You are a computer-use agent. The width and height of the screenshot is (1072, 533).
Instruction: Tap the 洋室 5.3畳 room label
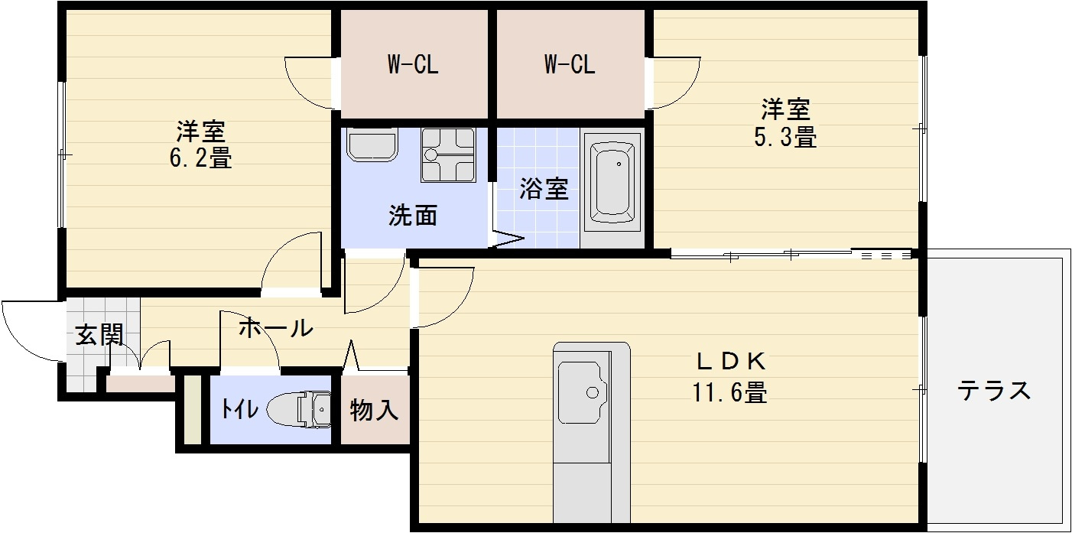tap(786, 123)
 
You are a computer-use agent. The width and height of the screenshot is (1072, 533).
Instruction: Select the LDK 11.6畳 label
tap(730, 376)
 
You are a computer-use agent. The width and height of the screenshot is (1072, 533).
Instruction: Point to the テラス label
tap(994, 391)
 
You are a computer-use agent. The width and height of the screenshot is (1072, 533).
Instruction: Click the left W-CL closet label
tap(412, 65)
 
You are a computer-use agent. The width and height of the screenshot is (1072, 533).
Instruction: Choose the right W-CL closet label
tap(570, 65)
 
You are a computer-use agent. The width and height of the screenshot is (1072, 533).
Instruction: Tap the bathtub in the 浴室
tap(616, 183)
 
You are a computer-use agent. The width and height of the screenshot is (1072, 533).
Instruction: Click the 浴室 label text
tap(544, 189)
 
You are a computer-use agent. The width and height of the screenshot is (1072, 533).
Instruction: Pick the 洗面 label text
tap(413, 216)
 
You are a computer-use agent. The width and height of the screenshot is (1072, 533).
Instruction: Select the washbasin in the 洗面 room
tap(372, 145)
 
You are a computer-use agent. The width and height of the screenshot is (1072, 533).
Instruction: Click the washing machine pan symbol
tap(448, 154)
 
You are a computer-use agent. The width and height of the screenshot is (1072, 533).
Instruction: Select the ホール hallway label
tap(275, 328)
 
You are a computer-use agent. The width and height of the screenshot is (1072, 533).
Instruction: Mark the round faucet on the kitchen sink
tap(592, 392)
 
